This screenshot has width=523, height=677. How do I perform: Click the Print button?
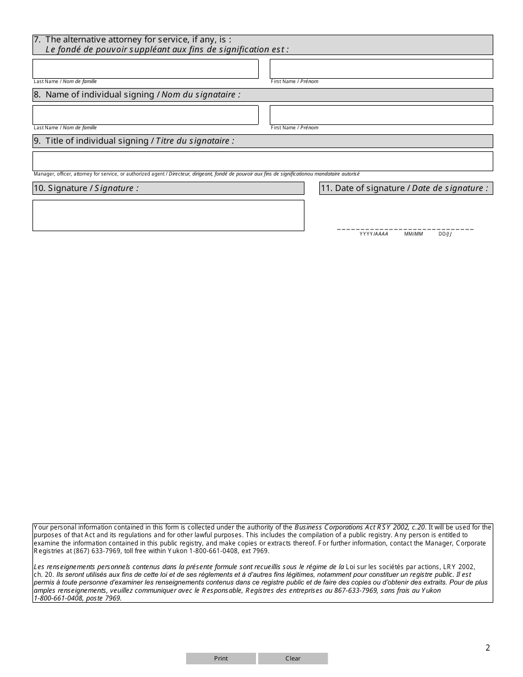(x=221, y=658)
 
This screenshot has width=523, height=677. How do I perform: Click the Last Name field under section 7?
(x=145, y=69)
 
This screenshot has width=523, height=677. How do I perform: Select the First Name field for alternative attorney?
(x=381, y=69)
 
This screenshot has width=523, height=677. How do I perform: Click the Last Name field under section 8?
(x=145, y=115)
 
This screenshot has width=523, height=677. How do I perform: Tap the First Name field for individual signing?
(x=381, y=115)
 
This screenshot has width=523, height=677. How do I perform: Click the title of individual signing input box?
(x=263, y=161)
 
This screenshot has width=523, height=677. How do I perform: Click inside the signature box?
(x=168, y=215)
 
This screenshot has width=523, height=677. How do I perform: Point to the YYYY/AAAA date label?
(x=374, y=234)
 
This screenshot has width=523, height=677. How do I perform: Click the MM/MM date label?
(x=413, y=234)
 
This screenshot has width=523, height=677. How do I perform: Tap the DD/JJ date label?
(x=445, y=234)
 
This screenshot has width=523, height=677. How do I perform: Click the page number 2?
(x=487, y=648)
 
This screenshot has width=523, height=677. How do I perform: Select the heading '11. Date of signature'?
(x=405, y=188)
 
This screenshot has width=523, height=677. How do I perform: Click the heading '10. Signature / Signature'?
(x=93, y=188)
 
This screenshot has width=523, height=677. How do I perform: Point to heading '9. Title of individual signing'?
(x=134, y=141)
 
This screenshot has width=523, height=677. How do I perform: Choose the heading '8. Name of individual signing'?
(x=137, y=95)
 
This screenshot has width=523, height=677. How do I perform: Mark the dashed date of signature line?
(x=405, y=229)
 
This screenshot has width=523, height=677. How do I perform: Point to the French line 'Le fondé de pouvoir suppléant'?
(x=167, y=50)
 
